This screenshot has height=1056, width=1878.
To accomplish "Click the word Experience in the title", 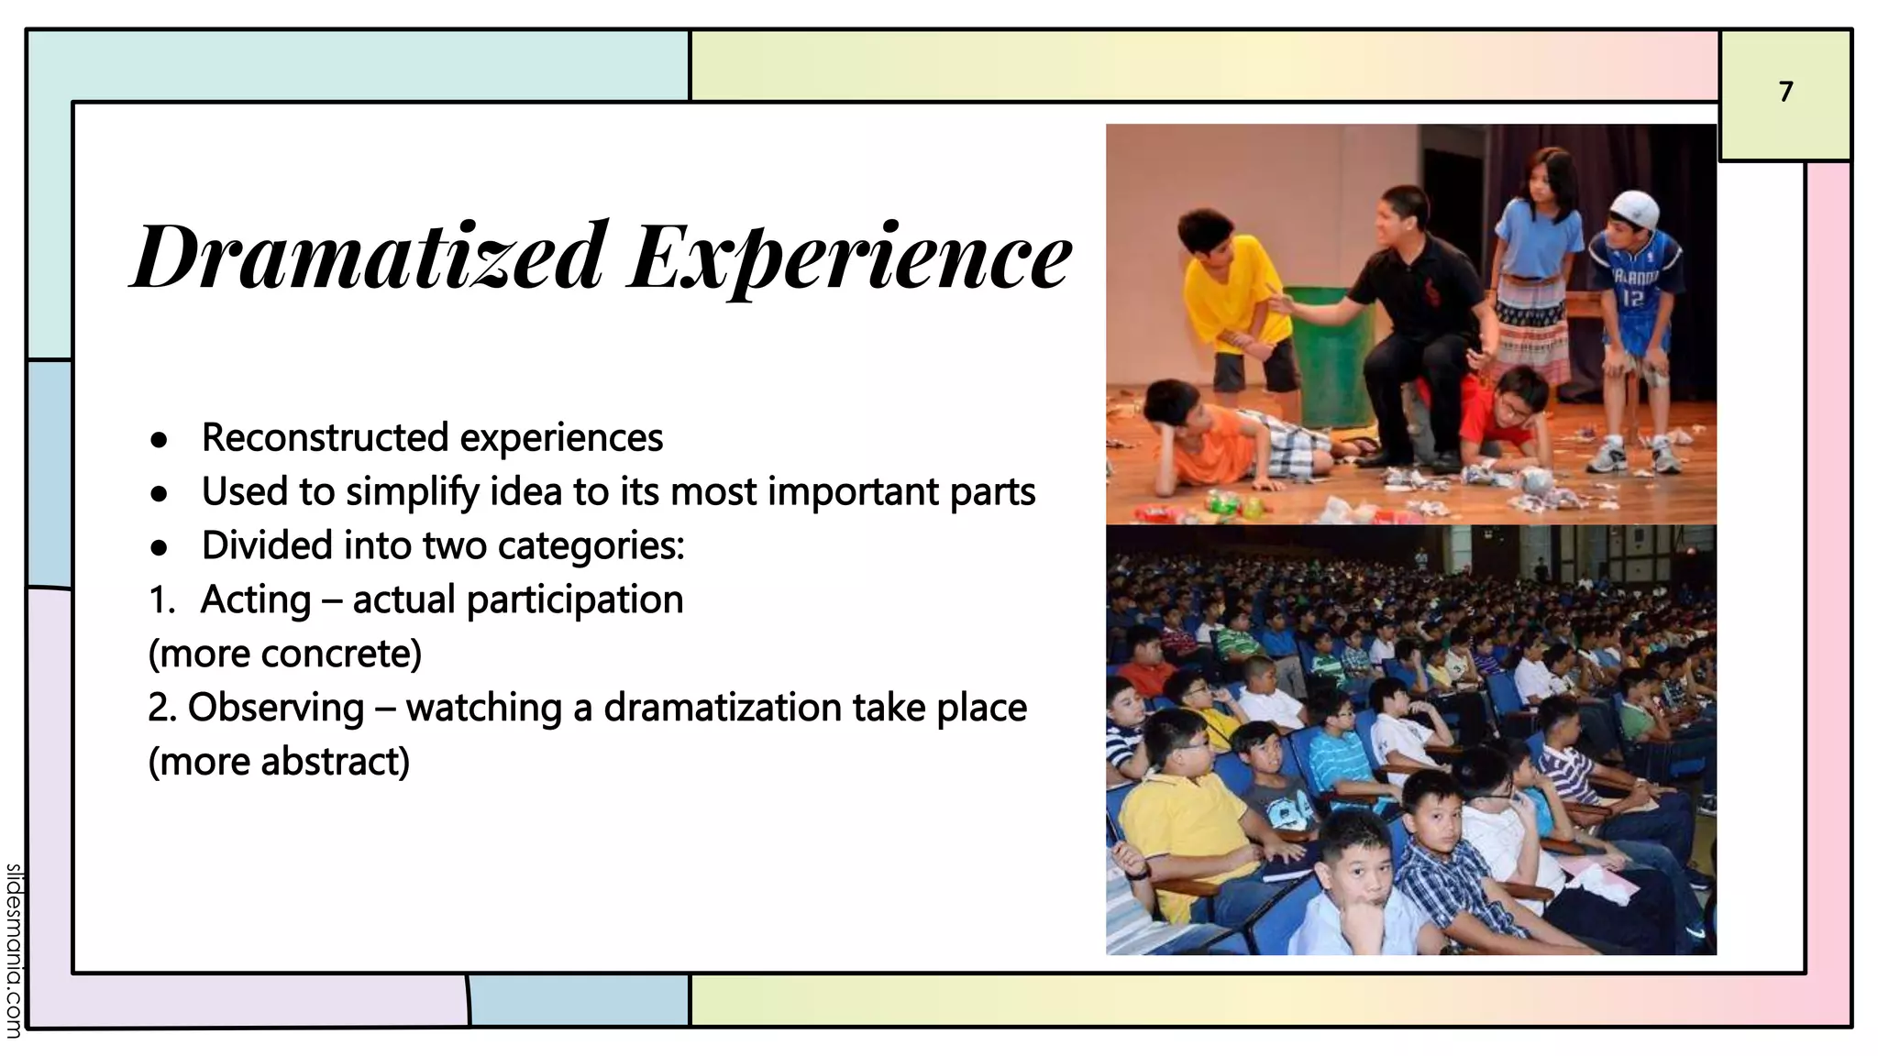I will [850, 258].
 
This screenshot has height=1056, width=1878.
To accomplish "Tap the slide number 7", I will [1785, 92].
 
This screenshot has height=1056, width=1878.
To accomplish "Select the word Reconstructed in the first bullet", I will [325, 437].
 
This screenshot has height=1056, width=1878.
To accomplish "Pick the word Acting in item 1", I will [256, 600].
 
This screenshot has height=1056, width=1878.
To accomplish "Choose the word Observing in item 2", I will [276, 708].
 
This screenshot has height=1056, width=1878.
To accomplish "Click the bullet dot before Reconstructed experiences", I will [160, 440].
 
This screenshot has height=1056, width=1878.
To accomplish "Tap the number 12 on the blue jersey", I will [1633, 298].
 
